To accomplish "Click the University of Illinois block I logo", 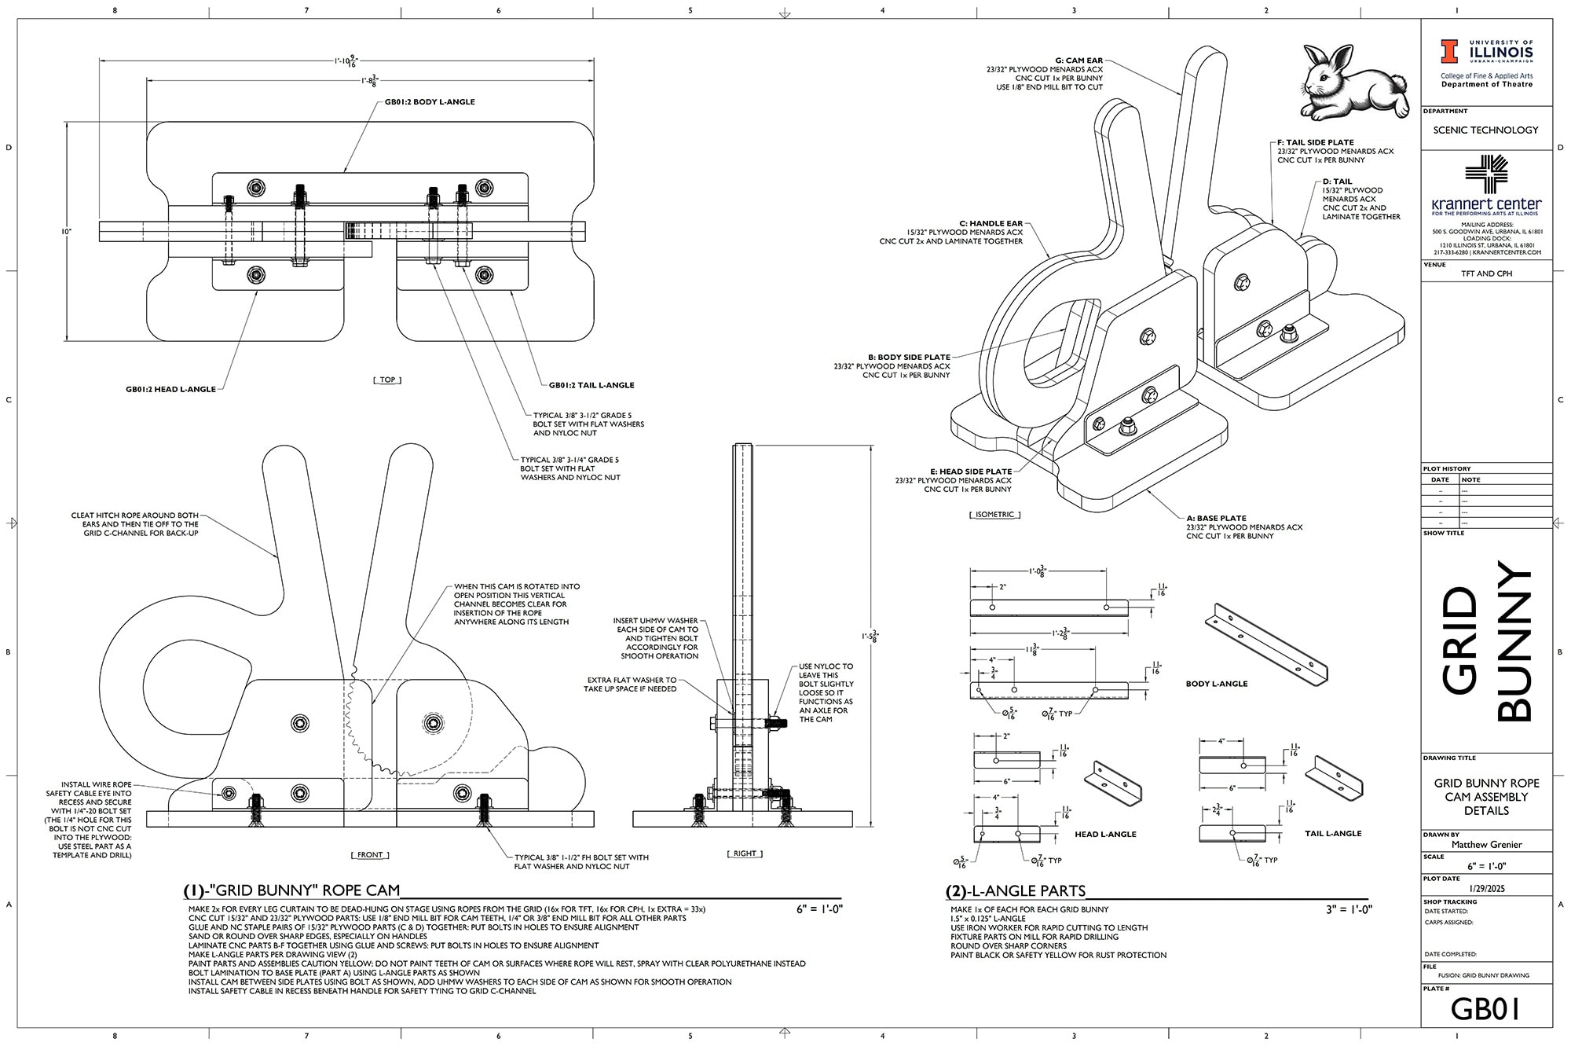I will tap(1449, 52).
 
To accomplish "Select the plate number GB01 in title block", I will tap(1485, 1008).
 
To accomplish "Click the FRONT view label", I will tap(370, 854).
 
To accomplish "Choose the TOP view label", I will tap(387, 380).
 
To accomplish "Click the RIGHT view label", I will tap(744, 853).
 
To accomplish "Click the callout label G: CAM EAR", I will tap(1078, 61).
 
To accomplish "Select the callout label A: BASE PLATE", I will tap(1216, 519).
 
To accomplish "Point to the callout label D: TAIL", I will tap(1337, 182).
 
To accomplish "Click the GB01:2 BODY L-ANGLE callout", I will tap(429, 102).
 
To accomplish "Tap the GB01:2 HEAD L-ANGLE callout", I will tap(170, 389).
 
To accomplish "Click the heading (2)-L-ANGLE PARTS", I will tap(1016, 890).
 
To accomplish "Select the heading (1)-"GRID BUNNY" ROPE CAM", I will tap(291, 890).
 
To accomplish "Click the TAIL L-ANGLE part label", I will tap(1333, 833).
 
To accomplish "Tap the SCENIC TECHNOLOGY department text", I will tap(1485, 130).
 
